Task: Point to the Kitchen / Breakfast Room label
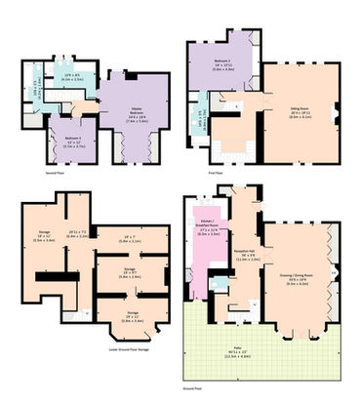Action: pos(207,230)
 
